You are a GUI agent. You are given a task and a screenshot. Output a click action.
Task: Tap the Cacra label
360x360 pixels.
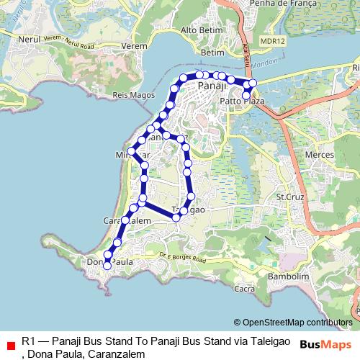pos(246,289)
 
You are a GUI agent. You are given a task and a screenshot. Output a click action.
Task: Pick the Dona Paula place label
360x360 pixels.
pos(109,262)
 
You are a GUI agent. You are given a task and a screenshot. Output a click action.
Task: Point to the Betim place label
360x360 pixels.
pos(214,53)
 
